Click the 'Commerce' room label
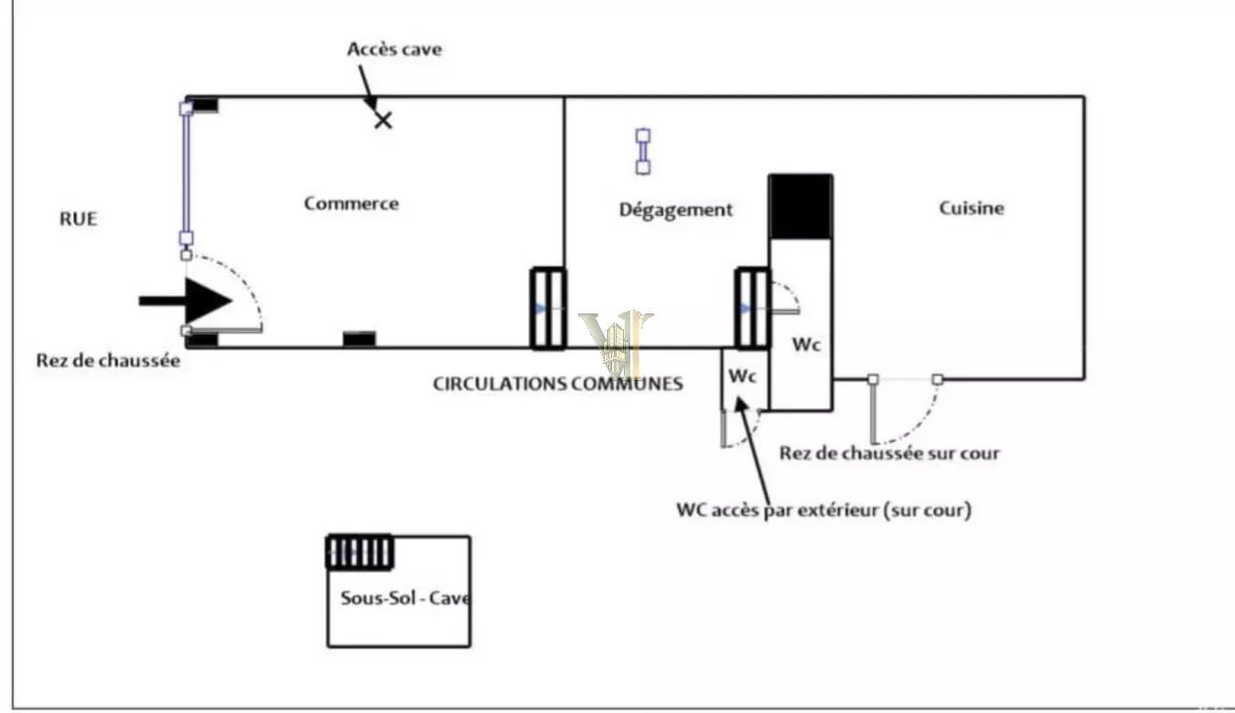click(351, 203)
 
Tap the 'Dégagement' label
click(676, 209)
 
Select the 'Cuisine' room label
click(972, 208)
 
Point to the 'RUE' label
click(79, 218)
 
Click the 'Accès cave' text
click(394, 49)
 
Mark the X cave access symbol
click(383, 120)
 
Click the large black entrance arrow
click(185, 301)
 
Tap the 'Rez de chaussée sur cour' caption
click(889, 453)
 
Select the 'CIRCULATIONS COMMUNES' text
click(558, 384)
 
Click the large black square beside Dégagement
click(800, 207)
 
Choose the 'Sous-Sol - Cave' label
click(405, 598)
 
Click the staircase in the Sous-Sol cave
click(360, 552)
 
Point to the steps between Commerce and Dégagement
click(548, 309)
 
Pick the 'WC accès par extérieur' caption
click(823, 510)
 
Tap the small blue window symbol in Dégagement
click(643, 152)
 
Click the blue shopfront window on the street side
click(187, 174)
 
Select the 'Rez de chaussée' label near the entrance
click(108, 360)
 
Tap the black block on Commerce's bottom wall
click(360, 339)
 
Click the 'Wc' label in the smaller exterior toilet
click(742, 376)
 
